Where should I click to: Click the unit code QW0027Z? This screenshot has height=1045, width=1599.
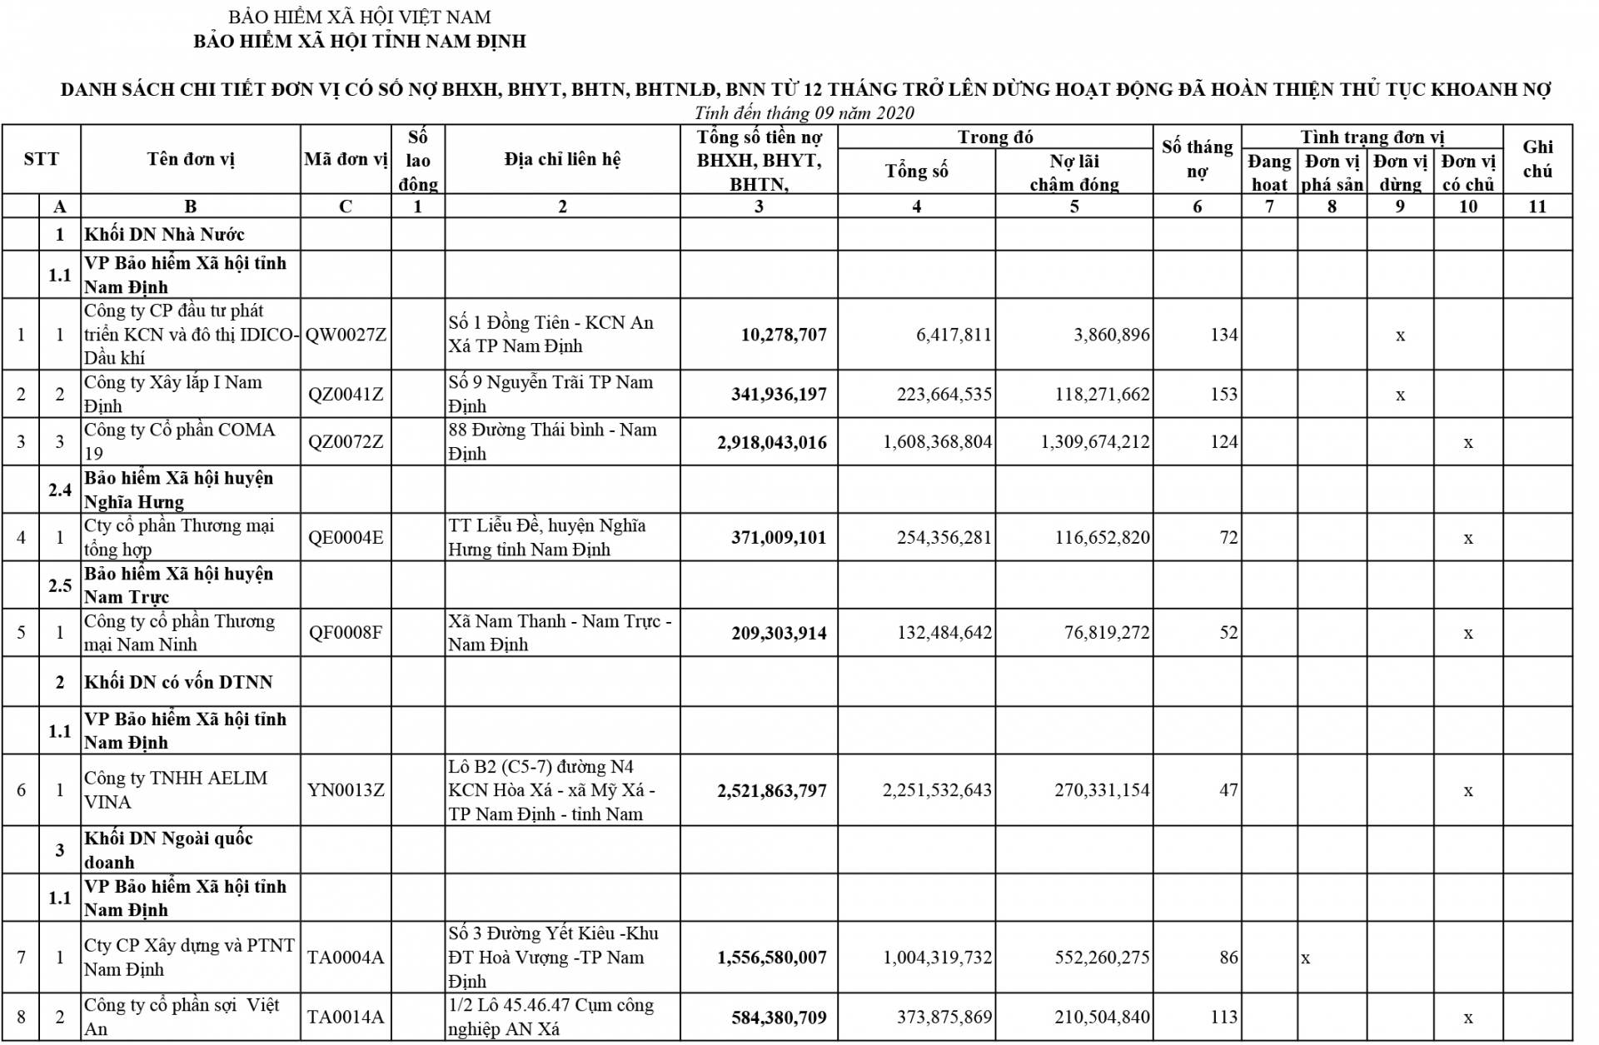(346, 335)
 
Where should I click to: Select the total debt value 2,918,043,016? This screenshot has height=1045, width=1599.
(772, 442)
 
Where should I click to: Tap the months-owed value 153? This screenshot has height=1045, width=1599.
(1223, 394)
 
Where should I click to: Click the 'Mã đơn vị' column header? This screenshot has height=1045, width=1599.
(346, 159)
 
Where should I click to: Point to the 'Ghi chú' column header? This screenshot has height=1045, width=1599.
(1537, 159)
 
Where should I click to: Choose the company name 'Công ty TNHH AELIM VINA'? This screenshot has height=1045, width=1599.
(176, 789)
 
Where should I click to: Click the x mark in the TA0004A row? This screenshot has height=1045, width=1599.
(1306, 958)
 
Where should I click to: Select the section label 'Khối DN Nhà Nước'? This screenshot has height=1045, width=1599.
(164, 235)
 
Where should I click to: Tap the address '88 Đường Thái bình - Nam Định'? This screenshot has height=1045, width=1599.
(552, 441)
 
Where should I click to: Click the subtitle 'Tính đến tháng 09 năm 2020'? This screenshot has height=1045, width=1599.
(804, 113)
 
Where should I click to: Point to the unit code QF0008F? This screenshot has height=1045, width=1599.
(346, 633)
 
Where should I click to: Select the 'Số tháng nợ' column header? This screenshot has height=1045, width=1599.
(1197, 159)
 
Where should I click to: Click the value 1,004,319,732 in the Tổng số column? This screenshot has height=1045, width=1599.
(938, 958)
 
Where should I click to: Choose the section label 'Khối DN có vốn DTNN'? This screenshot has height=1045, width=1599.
(178, 682)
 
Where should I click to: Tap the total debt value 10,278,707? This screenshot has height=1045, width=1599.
(784, 335)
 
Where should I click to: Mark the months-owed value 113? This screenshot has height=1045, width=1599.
(1223, 1017)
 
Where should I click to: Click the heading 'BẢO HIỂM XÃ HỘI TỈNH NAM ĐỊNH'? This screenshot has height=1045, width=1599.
(360, 41)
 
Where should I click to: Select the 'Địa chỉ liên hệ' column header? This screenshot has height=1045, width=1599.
(562, 159)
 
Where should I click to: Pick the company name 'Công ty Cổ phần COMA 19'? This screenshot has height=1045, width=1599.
(179, 441)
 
